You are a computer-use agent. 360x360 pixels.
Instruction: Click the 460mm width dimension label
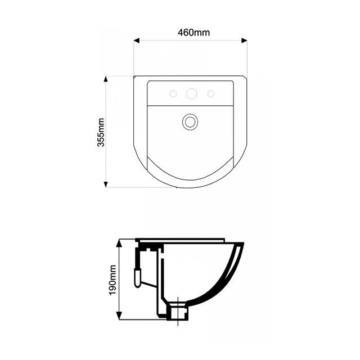tap(193, 33)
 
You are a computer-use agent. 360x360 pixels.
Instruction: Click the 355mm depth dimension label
tap(101, 132)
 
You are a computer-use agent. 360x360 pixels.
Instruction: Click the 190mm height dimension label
tap(112, 280)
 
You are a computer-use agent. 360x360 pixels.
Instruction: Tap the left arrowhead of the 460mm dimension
tap(137, 40)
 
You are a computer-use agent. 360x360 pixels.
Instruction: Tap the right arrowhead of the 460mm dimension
tap(244, 40)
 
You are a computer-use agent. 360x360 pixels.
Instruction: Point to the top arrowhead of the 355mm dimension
tap(106, 79)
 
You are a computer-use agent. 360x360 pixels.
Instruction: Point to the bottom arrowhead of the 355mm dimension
tap(106, 184)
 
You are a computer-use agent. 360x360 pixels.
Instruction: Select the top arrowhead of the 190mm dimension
tap(119, 243)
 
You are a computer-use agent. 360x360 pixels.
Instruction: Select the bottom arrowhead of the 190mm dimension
tap(119, 315)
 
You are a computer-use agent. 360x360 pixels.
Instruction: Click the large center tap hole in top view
tap(191, 94)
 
